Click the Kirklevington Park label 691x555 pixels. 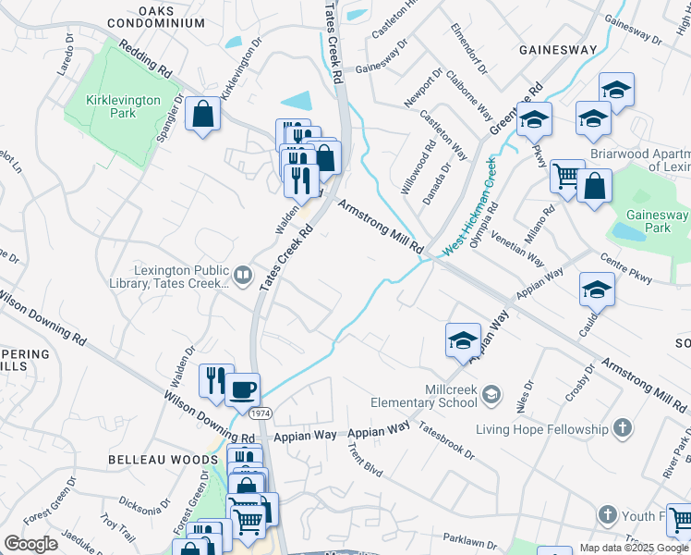[x=123, y=105]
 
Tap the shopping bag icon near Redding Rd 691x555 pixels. [x=202, y=116]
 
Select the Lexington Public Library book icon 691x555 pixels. [x=242, y=274]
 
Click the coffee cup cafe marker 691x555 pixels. [x=242, y=389]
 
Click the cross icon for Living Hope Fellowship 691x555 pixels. [x=623, y=428]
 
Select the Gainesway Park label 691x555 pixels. [x=657, y=220]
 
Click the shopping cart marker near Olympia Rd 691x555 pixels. [x=566, y=176]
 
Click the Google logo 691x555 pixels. [x=30, y=543]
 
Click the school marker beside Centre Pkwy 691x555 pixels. [x=597, y=290]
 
